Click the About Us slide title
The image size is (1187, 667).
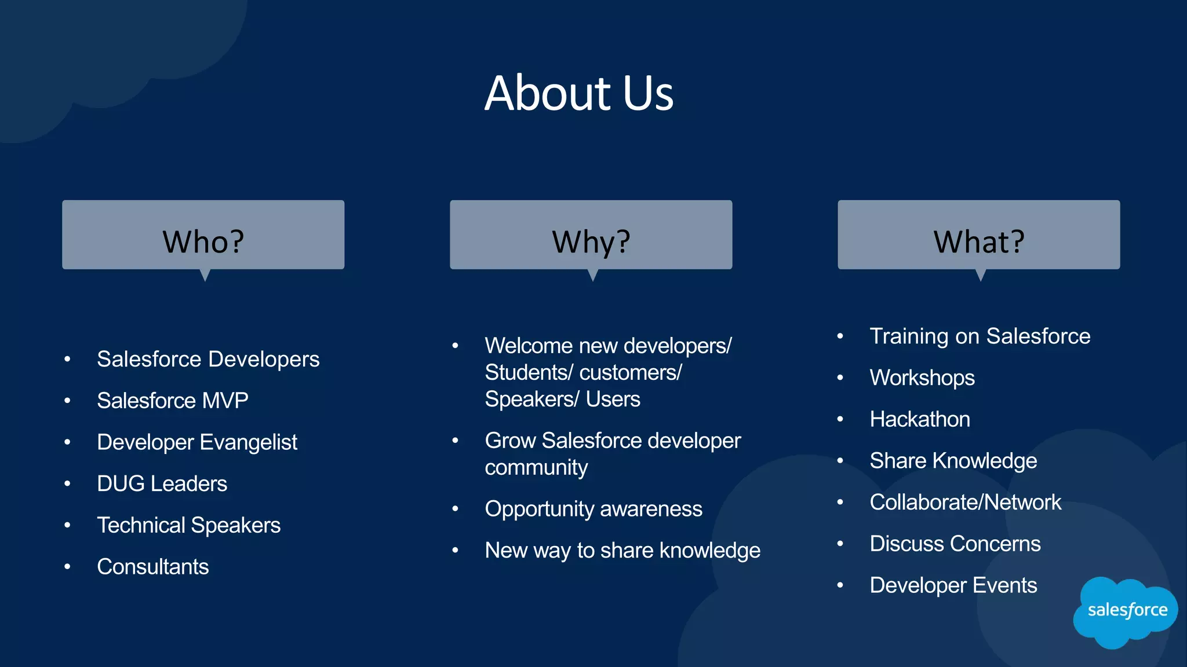click(579, 93)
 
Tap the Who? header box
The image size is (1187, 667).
click(203, 235)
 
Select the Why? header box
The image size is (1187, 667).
click(591, 235)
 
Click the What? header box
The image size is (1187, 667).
click(978, 235)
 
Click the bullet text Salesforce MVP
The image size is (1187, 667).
click(172, 401)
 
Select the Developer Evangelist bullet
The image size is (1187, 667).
click(196, 442)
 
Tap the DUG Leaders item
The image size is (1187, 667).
click(162, 484)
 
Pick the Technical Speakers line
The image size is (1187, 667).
click(188, 525)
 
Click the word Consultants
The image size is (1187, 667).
click(152, 567)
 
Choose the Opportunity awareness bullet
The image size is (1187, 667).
click(593, 509)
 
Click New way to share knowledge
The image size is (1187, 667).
click(622, 551)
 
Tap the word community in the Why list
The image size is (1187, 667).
click(536, 467)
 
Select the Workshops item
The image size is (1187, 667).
click(922, 378)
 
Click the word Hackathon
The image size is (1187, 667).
click(919, 419)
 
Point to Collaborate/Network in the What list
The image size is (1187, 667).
click(965, 503)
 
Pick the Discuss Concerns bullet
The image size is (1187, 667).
click(955, 544)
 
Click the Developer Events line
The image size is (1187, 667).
click(953, 585)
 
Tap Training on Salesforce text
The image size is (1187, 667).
click(980, 336)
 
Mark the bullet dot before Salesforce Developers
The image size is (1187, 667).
click(67, 360)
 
